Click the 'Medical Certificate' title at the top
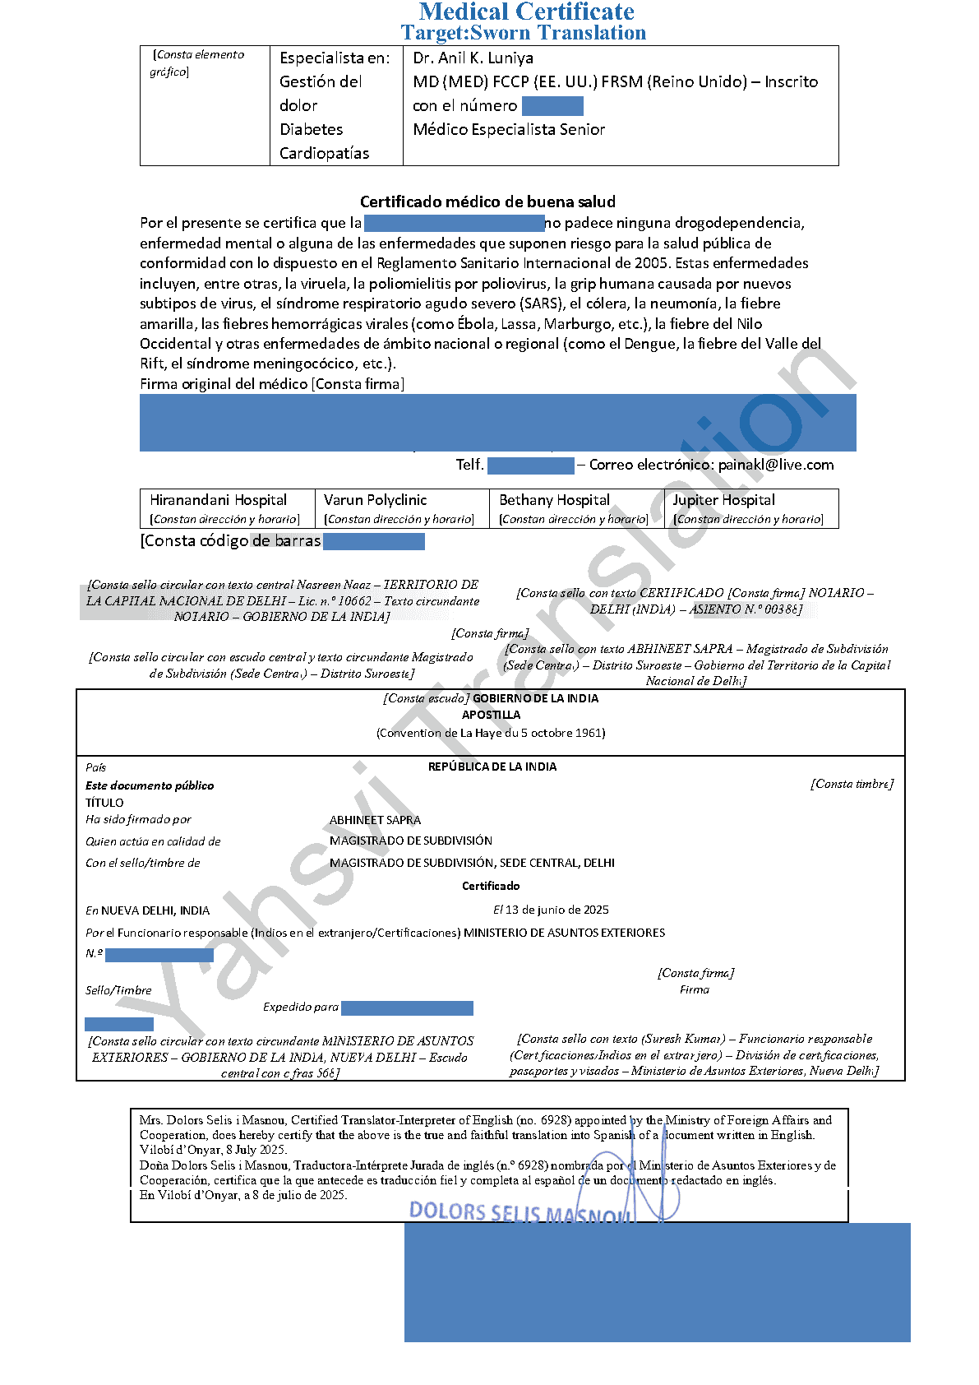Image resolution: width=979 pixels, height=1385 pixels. (x=526, y=12)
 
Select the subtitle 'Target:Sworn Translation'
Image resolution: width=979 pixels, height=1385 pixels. (x=524, y=33)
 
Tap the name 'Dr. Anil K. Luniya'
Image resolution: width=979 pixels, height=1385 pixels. (x=473, y=58)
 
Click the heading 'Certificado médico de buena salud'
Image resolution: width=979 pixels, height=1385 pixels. (x=487, y=201)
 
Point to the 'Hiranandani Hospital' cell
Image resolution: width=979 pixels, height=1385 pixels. (x=219, y=500)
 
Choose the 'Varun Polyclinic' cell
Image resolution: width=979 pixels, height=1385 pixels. (x=376, y=500)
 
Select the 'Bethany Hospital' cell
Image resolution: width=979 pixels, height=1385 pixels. (x=554, y=500)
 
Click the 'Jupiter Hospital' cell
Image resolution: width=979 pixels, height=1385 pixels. (x=723, y=500)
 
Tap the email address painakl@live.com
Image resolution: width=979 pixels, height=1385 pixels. (x=776, y=465)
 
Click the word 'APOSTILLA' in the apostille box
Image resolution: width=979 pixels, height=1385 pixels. (x=491, y=715)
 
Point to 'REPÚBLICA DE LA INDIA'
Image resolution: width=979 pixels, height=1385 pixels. (x=492, y=767)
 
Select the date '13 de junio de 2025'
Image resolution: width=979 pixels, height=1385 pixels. (x=557, y=910)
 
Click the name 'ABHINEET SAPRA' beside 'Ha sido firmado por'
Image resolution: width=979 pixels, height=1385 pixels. (x=375, y=820)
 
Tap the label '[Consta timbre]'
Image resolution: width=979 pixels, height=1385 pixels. (x=852, y=784)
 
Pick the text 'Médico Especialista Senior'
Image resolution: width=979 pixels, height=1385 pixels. (x=509, y=129)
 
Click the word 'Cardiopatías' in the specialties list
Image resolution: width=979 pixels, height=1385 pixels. (x=324, y=153)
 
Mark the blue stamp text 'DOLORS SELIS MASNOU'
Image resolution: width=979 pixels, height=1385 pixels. (x=520, y=1212)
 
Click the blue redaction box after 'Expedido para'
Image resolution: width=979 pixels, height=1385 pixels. (x=407, y=1007)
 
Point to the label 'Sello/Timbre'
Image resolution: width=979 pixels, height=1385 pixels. (x=118, y=990)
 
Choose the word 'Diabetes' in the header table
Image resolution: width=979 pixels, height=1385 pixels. (x=311, y=129)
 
